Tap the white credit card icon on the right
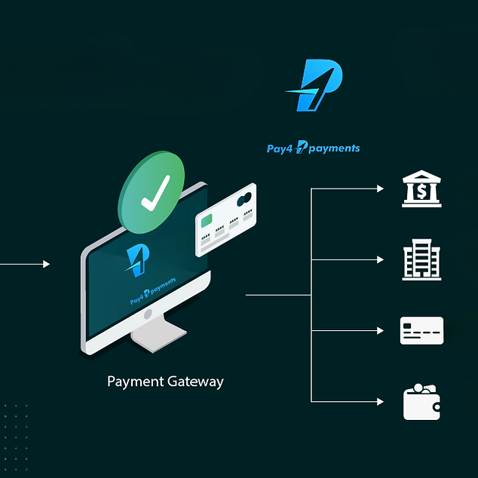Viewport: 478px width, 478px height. [x=421, y=330]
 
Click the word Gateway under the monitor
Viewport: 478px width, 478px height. [x=196, y=381]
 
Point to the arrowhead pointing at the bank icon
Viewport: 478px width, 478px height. [x=380, y=188]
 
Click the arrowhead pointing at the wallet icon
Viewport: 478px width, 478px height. [x=380, y=402]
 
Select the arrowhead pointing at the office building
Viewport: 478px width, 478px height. [x=380, y=259]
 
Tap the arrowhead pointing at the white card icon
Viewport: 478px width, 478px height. [x=380, y=330]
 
